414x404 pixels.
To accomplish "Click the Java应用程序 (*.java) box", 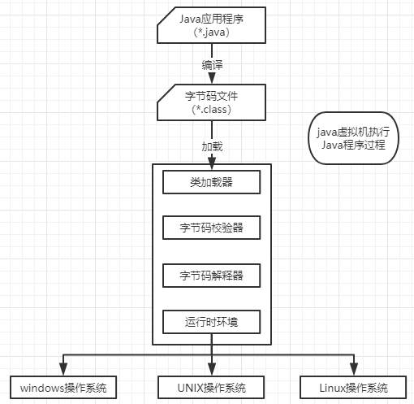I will [212, 24].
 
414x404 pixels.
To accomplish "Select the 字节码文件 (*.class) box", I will [212, 102].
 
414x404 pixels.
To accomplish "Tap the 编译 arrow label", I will [212, 63].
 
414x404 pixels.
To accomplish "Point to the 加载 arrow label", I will [212, 146].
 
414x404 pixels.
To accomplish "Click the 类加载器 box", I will [212, 182].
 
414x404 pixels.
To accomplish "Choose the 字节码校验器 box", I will [212, 228].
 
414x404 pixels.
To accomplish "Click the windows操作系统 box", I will [64, 387].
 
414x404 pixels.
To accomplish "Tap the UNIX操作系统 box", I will [211, 387].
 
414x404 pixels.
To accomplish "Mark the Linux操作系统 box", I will [355, 387].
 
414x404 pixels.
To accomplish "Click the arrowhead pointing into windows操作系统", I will [64, 371].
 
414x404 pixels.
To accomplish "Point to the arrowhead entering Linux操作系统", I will [355, 371].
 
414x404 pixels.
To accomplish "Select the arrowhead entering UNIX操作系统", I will [211, 371].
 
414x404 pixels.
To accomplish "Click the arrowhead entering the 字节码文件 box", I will [212, 79].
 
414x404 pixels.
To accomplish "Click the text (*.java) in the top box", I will [212, 33].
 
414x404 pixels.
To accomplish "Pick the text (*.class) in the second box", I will [212, 110].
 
